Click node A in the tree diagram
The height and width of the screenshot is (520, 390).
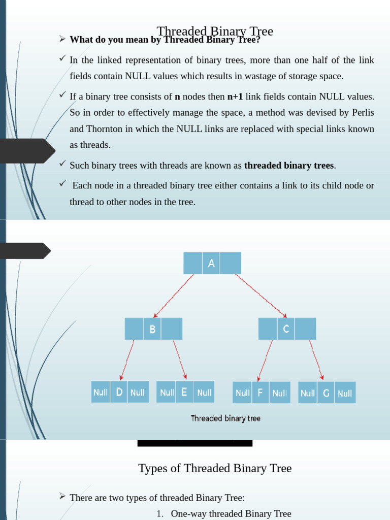tap(212, 263)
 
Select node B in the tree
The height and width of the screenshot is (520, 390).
tap(152, 329)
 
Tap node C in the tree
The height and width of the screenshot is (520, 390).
tap(286, 329)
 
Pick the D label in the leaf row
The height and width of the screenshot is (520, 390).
tap(119, 392)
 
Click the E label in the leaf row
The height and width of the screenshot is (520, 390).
tap(184, 392)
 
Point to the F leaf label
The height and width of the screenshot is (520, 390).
tap(260, 393)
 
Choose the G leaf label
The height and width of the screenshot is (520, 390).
tap(326, 393)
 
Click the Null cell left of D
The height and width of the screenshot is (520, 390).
tap(101, 392)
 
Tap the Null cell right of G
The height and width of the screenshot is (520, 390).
tap(345, 393)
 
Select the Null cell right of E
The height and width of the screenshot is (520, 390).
tap(204, 392)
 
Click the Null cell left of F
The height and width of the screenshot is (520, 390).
tap(243, 393)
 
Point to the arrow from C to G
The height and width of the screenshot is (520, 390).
tap(316, 360)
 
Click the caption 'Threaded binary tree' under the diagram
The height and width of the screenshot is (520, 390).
tap(225, 418)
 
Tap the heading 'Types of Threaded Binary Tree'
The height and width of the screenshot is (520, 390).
tap(215, 468)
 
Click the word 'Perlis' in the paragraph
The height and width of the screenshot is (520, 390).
tap(363, 113)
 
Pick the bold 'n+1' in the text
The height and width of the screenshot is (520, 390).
tap(235, 96)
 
